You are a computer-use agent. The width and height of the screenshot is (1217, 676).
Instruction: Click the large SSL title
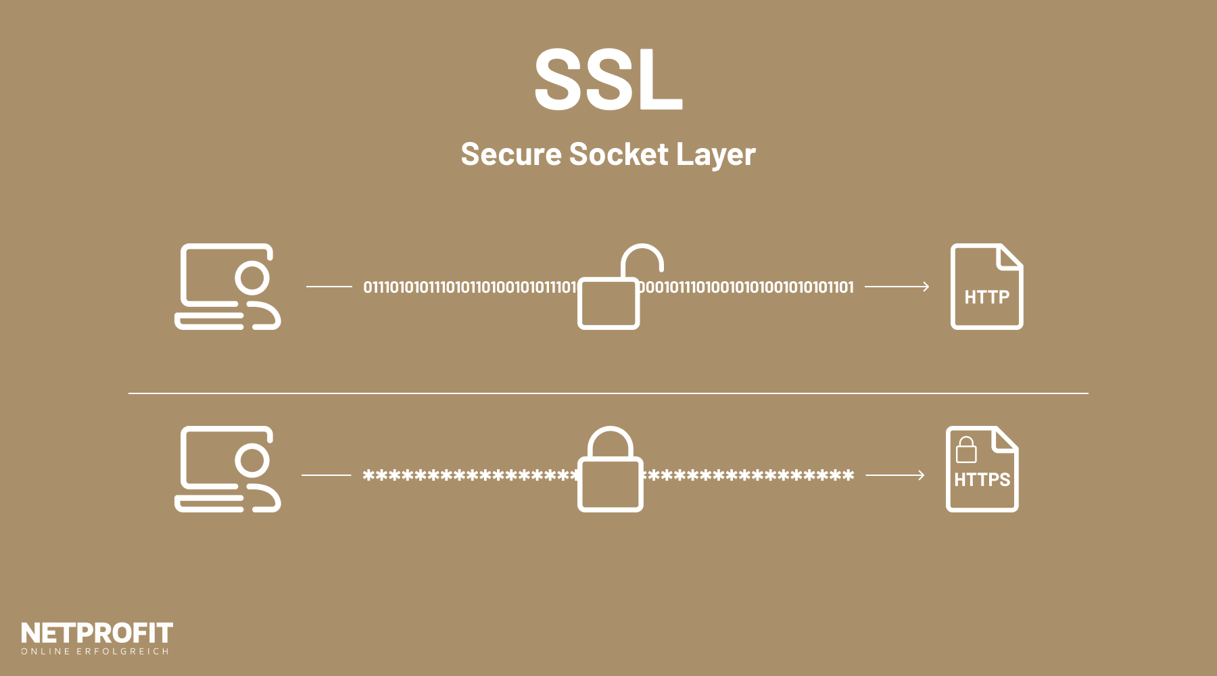pos(608,80)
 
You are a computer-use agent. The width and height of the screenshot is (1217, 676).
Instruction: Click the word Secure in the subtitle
pos(510,154)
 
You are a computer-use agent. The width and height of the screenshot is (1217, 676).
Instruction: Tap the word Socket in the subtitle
pos(619,154)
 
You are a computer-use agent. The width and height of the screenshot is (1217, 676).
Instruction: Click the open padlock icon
pos(612,291)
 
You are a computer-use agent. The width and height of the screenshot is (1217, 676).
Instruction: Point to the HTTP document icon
pos(986,287)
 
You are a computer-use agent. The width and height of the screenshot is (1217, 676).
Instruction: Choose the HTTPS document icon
pos(982,469)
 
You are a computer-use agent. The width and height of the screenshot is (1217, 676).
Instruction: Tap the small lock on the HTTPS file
pos(966,450)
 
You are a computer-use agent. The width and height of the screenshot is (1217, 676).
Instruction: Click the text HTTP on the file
pos(986,297)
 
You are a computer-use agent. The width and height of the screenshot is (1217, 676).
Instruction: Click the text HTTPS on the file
pos(982,480)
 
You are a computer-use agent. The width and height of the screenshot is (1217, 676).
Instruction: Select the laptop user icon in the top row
pos(227,287)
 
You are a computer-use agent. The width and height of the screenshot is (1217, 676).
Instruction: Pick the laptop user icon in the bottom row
pos(227,469)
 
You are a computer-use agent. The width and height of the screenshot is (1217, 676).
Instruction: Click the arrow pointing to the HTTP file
pos(897,287)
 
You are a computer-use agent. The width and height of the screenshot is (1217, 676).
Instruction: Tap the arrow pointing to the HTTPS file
pos(894,475)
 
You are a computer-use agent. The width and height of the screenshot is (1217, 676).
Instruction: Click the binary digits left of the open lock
pos(469,287)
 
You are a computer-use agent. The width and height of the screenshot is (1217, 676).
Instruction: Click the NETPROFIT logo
pos(97,633)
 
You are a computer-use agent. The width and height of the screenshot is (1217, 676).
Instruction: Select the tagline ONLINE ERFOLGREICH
pos(95,652)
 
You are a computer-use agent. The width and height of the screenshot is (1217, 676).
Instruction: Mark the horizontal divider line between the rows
pos(608,393)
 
